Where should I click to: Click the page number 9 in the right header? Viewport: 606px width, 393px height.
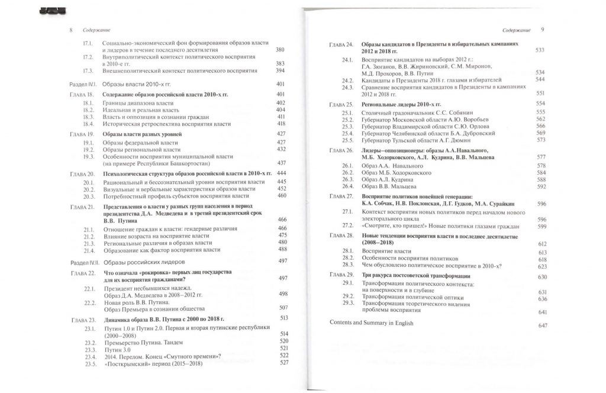click(543, 29)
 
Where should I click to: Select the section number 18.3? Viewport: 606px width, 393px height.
click(89, 117)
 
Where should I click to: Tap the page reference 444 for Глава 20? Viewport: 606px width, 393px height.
click(283, 173)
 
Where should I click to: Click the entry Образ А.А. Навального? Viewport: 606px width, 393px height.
click(386, 165)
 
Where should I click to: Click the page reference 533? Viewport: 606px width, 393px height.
click(539, 51)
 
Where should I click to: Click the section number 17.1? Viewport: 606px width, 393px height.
click(89, 43)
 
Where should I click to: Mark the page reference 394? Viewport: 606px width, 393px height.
click(281, 70)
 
